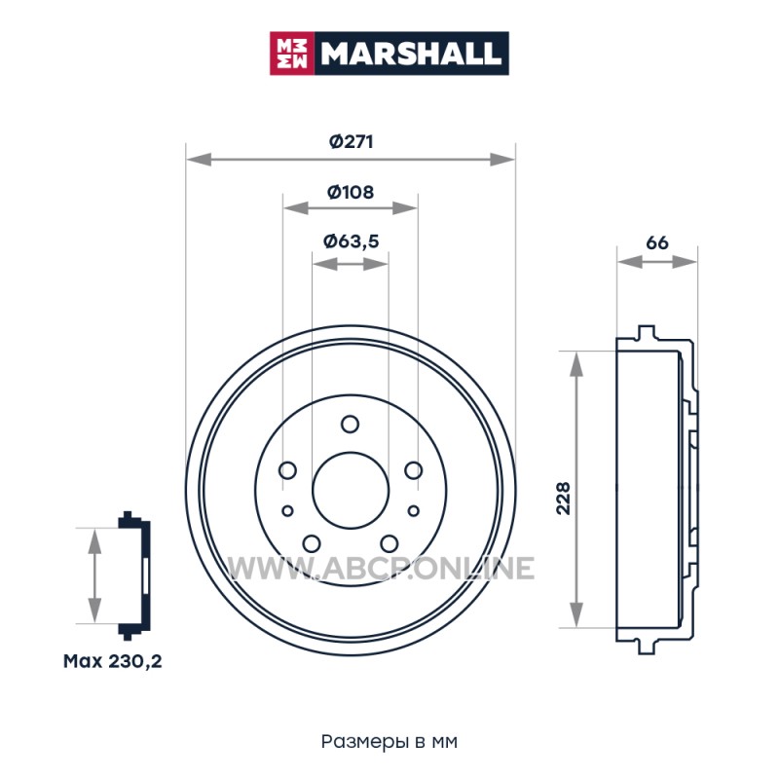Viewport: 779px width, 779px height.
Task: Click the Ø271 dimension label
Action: tap(351, 142)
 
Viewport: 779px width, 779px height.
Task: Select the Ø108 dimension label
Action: tap(351, 192)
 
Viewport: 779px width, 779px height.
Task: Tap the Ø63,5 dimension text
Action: tap(351, 241)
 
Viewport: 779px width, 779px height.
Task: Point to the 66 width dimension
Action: tap(656, 242)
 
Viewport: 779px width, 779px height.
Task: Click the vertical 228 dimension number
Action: tap(564, 499)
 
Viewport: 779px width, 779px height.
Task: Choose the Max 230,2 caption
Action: tap(113, 661)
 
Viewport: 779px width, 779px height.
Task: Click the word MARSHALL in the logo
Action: tap(411, 54)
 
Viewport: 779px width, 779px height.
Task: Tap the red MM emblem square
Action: tap(292, 54)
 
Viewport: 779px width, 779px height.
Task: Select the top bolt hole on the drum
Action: tap(351, 425)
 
